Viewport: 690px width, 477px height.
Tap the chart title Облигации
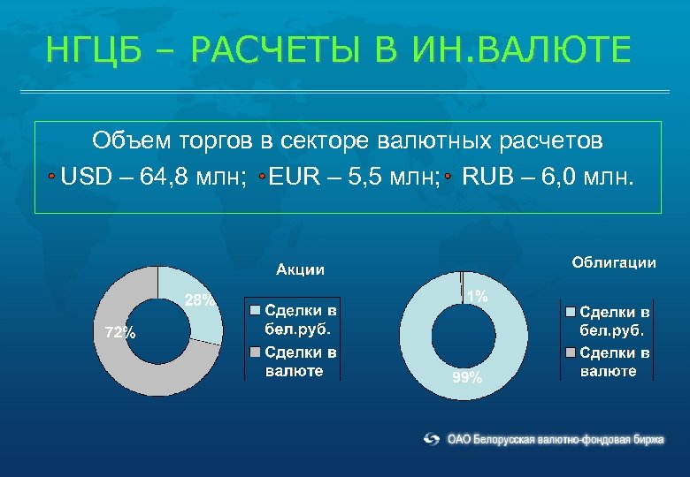(x=614, y=262)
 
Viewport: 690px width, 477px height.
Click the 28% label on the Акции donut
(x=199, y=300)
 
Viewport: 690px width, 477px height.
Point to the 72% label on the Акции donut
(x=120, y=333)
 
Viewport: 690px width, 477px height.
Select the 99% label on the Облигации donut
(x=467, y=378)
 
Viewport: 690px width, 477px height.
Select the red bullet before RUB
(x=448, y=177)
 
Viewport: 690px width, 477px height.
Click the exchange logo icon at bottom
(x=432, y=438)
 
